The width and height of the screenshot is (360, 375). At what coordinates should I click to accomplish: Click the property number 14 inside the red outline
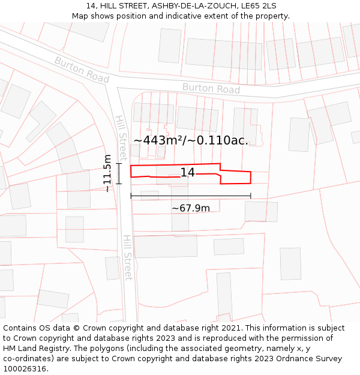coord(187,173)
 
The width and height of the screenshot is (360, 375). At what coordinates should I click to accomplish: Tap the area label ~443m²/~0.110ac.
coord(191,140)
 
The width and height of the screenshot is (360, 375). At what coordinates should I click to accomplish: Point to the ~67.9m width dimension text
coord(191,208)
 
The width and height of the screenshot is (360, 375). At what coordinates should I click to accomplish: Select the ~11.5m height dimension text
coord(107,173)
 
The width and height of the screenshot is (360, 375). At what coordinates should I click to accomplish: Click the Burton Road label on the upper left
coord(82,70)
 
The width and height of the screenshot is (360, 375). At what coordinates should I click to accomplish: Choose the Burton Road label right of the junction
coord(211,89)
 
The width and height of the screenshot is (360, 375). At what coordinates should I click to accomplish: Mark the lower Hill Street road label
coord(128,257)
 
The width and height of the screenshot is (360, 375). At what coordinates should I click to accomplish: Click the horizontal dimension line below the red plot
coord(191,196)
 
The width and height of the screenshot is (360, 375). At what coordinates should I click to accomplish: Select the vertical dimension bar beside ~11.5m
coord(119,173)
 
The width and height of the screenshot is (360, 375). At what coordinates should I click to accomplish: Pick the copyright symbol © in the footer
coord(76,328)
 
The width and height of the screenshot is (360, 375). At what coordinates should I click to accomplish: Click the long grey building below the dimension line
coord(165,246)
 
